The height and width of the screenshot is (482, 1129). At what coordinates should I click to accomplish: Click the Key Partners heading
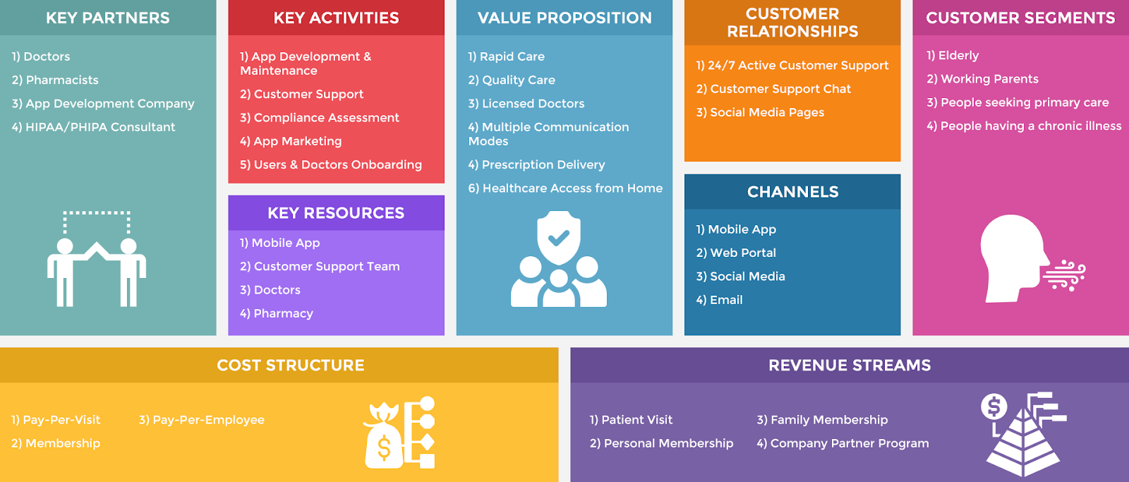click(x=107, y=18)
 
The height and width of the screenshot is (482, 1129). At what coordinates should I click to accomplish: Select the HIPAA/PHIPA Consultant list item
click(x=93, y=127)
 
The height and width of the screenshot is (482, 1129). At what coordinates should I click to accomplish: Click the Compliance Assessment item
click(x=320, y=118)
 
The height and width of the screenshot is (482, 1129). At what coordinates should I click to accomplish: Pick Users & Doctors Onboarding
click(x=331, y=164)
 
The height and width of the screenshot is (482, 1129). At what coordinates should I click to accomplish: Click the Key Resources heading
click(x=336, y=212)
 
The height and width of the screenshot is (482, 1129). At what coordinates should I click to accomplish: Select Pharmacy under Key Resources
click(x=277, y=313)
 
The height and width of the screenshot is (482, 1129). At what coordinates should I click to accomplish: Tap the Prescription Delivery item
click(x=536, y=164)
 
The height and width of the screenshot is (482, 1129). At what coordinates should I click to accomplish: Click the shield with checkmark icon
click(x=559, y=238)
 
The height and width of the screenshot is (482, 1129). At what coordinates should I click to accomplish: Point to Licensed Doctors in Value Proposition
click(x=526, y=104)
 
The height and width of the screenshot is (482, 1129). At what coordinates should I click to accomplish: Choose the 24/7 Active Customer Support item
click(x=792, y=66)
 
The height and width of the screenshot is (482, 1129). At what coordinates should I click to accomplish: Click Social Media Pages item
click(x=760, y=112)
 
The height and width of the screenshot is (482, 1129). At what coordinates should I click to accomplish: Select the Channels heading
click(x=792, y=192)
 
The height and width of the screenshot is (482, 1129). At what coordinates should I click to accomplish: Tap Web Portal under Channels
click(x=736, y=253)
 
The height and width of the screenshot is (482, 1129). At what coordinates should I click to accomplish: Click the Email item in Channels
click(x=719, y=300)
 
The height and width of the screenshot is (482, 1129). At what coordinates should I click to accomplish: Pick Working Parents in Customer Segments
click(x=982, y=79)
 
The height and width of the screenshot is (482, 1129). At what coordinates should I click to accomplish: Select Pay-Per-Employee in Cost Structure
click(x=202, y=420)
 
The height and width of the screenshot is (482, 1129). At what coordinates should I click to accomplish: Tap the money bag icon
click(x=383, y=435)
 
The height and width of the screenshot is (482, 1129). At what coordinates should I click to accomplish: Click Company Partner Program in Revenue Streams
click(x=843, y=443)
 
